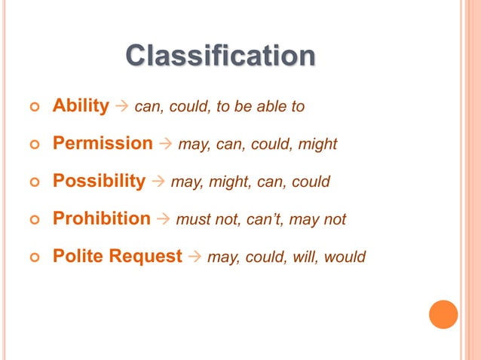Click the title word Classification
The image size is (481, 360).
click(x=219, y=56)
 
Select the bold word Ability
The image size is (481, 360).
click(x=81, y=105)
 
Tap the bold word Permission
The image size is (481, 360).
click(x=103, y=143)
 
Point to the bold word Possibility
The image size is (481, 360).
click(x=99, y=181)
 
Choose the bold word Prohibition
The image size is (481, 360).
click(x=102, y=218)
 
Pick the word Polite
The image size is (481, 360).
click(x=78, y=256)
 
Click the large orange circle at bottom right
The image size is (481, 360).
click(x=443, y=314)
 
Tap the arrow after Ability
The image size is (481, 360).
click(x=121, y=106)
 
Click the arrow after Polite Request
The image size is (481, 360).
click(x=195, y=257)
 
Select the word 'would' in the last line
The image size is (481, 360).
click(x=345, y=257)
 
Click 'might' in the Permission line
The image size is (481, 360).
click(x=317, y=144)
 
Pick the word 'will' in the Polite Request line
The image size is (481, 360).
click(x=307, y=257)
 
